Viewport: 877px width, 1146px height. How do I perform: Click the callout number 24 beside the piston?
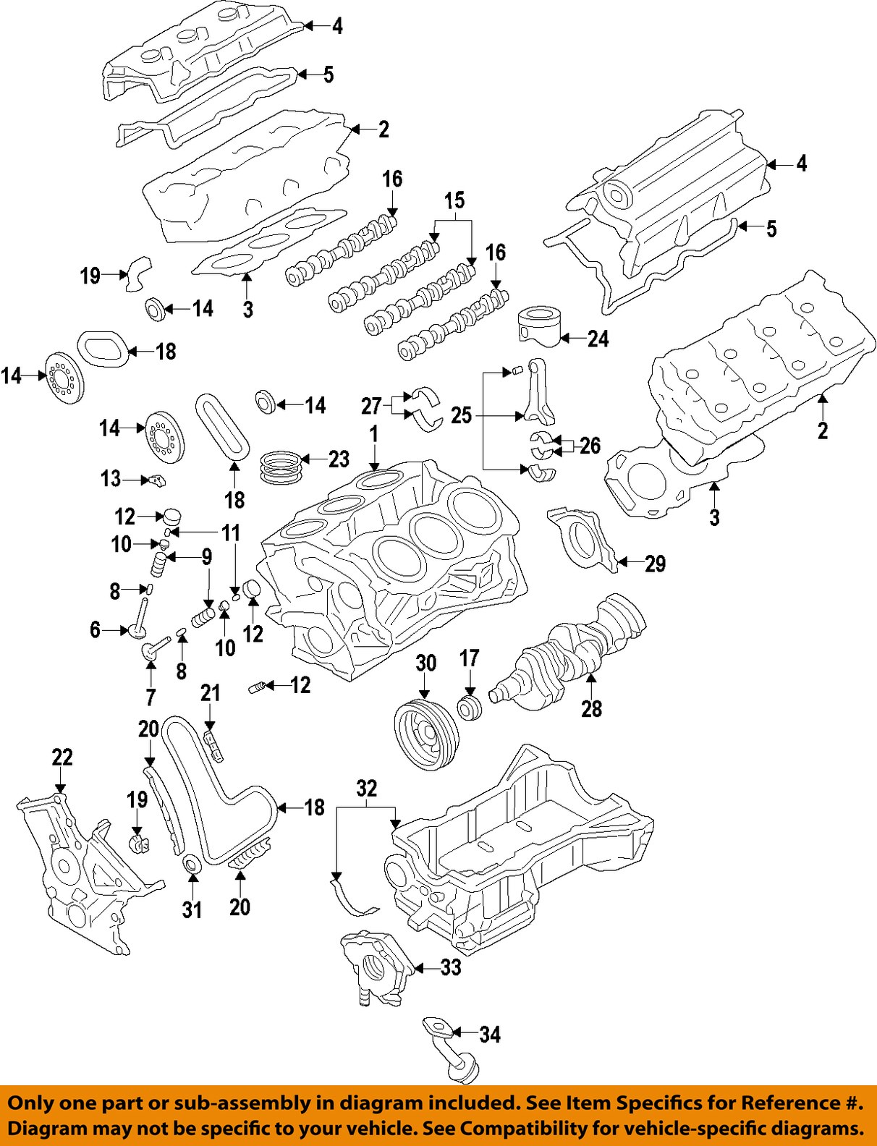click(x=598, y=339)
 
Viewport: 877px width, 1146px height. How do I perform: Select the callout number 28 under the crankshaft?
click(x=591, y=709)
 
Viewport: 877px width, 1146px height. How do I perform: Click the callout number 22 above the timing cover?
click(x=62, y=757)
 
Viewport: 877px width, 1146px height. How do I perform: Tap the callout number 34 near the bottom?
click(x=490, y=1035)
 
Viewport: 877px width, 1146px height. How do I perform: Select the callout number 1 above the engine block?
click(x=374, y=434)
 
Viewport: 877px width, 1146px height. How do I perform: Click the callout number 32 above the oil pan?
click(x=367, y=788)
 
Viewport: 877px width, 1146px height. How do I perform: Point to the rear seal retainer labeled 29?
click(x=582, y=539)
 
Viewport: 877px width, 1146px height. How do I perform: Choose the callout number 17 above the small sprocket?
click(x=470, y=658)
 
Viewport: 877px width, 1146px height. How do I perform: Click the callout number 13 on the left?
click(x=111, y=478)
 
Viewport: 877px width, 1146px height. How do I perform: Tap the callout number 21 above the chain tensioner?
click(x=211, y=693)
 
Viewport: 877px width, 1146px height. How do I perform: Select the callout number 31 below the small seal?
click(x=192, y=909)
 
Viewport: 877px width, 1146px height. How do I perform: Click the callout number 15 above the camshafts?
click(x=454, y=200)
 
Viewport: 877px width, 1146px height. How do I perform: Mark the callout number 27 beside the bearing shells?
click(x=371, y=406)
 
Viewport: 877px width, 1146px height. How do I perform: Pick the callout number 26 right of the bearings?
click(x=590, y=445)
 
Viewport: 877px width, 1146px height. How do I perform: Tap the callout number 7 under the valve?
click(x=151, y=697)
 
